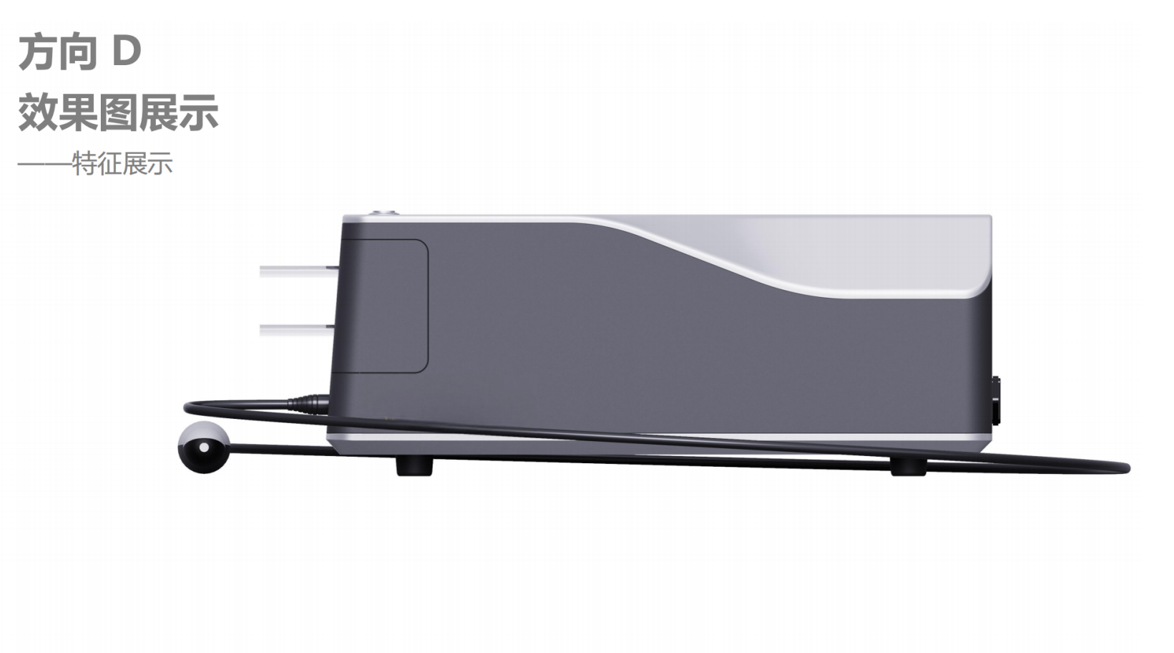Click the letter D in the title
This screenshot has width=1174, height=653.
coord(126,51)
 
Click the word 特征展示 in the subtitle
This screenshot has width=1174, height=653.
coord(122,164)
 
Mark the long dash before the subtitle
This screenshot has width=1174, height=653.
coord(44,165)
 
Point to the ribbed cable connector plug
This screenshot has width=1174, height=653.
coord(310,402)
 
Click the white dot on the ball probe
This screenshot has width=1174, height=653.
coord(205,448)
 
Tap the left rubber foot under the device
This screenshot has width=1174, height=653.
coord(415,466)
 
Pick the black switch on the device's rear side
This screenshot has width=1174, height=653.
coord(996,402)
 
